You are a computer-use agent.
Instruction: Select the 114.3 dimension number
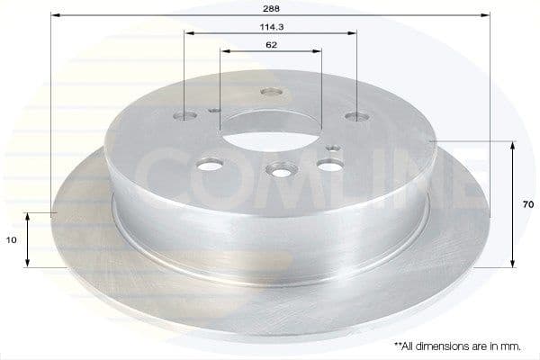click(271, 27)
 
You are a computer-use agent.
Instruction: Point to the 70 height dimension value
click(528, 204)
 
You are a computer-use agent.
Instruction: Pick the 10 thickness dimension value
click(10, 240)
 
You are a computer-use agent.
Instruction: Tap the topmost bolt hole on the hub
click(271, 91)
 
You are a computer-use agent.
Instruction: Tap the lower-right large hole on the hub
click(329, 164)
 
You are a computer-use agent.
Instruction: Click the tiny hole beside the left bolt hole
click(213, 110)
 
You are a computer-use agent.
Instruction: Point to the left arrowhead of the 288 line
click(54, 15)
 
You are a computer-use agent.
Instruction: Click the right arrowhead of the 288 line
click(487, 15)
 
